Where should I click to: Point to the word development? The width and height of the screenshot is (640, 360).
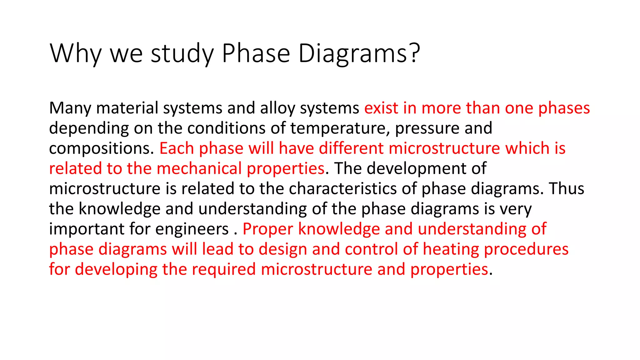[x=417, y=169]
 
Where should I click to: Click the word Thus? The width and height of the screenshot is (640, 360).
[x=567, y=189]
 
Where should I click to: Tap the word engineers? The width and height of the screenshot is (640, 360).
[x=192, y=229]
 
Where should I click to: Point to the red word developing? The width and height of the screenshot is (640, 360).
[x=116, y=270]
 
